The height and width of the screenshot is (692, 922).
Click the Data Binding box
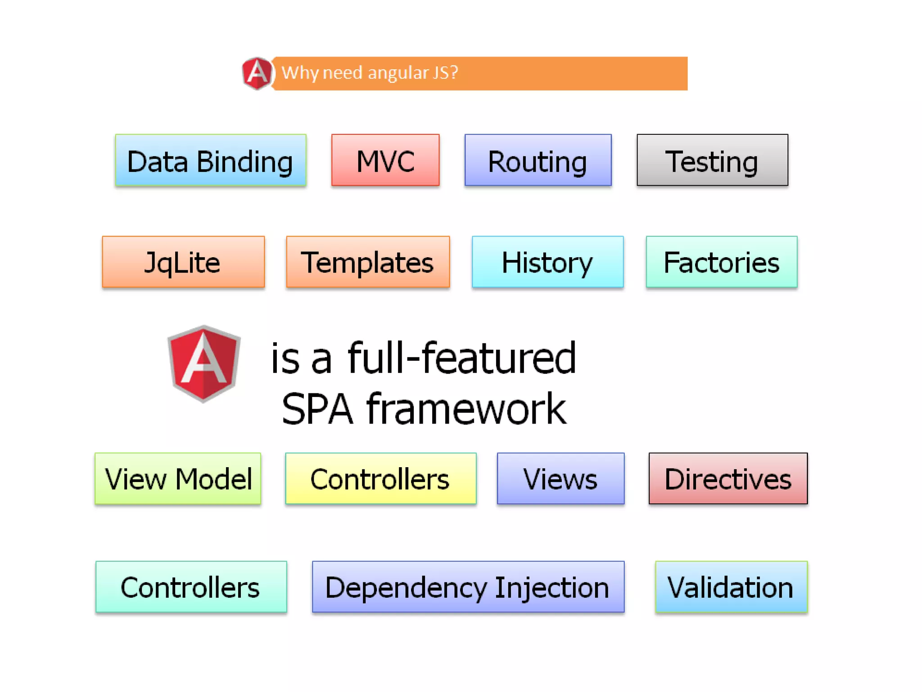[210, 160]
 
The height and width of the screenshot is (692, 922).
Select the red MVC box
[385, 160]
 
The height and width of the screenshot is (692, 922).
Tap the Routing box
[538, 160]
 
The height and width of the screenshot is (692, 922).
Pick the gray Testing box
[712, 160]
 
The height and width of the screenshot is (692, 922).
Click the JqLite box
[183, 262]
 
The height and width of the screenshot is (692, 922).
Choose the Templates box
[367, 262]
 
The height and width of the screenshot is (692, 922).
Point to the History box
[547, 262]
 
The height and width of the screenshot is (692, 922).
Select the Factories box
[721, 262]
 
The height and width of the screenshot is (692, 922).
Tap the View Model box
[178, 478]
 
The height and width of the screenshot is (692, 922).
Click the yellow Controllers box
[380, 478]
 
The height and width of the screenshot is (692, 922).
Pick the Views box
[560, 478]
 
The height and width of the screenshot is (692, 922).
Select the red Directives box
[728, 478]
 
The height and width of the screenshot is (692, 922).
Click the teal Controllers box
[191, 587]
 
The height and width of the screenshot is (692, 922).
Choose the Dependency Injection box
[468, 587]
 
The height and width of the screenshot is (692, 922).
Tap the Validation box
[731, 587]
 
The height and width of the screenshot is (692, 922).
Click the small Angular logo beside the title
[257, 73]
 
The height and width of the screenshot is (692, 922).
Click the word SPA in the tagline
[317, 409]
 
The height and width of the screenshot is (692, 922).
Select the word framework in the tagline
[466, 409]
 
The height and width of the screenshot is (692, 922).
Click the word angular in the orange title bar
[398, 73]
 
